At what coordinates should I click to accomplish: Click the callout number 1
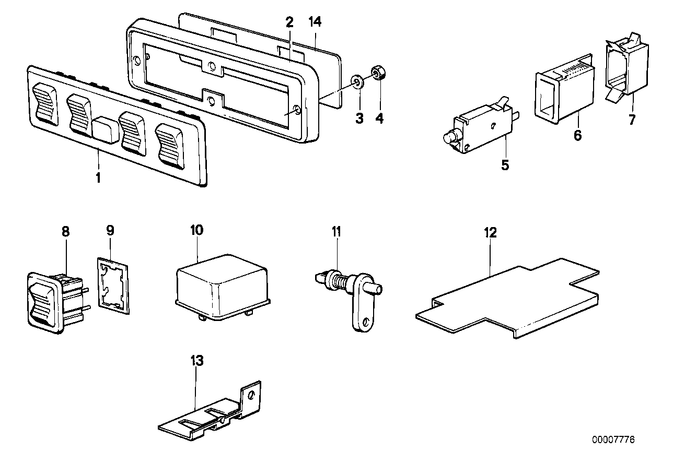point(98,177)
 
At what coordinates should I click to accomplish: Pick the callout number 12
point(491,232)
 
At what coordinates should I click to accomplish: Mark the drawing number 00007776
point(613,440)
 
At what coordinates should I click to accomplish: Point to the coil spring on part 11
point(340,282)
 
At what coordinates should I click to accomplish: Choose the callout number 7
point(632,120)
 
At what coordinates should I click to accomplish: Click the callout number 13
point(196,360)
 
